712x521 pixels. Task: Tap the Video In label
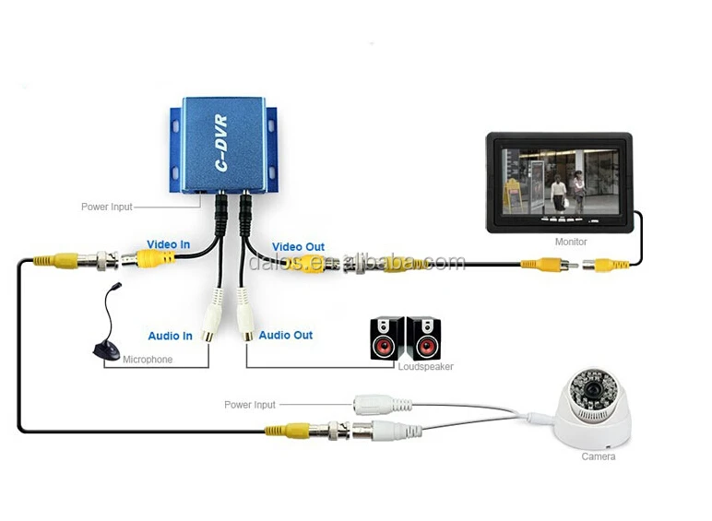coord(169,244)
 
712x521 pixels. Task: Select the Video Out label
coord(298,246)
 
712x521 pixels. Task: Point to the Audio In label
coord(171,336)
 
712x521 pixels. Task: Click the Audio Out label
coord(286,335)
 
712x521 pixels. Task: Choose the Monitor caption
coord(571,242)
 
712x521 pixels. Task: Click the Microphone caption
coord(148,360)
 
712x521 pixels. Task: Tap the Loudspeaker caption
coord(425,367)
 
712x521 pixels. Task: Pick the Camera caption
coord(598,456)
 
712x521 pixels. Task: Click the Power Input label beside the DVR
coord(107,207)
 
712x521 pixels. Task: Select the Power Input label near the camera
coord(250,405)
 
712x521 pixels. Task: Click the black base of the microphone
coord(106,351)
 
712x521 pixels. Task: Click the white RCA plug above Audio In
coord(216,314)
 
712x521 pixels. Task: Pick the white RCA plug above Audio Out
coord(245,314)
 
